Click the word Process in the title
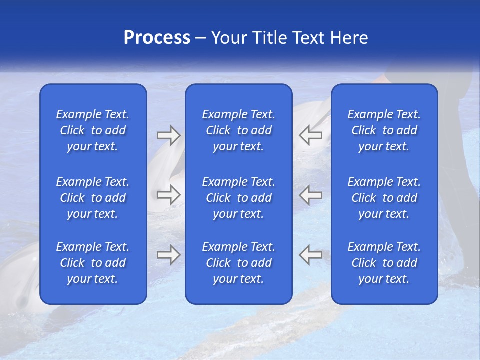(x=157, y=38)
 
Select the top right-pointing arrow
(x=168, y=135)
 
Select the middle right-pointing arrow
(x=168, y=195)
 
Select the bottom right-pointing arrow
(x=168, y=255)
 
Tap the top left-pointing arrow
(x=311, y=135)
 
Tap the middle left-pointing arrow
(x=311, y=195)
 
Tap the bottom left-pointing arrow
(x=311, y=255)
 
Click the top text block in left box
(x=93, y=130)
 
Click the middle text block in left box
(x=93, y=198)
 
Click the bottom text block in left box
(x=93, y=263)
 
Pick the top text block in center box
(x=238, y=130)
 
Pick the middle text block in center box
(x=238, y=198)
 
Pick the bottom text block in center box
(x=238, y=263)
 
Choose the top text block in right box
(x=384, y=130)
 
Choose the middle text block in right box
(x=384, y=198)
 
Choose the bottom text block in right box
(x=384, y=263)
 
